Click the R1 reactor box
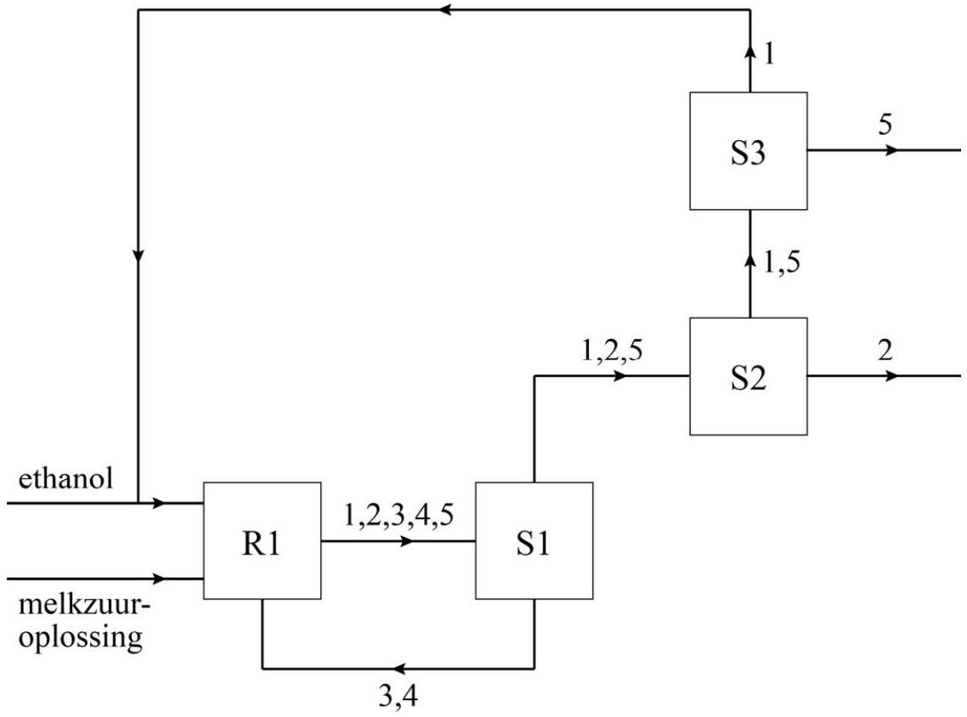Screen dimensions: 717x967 [262, 541]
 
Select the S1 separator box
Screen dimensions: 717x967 [534, 541]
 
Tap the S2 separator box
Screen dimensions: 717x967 [748, 376]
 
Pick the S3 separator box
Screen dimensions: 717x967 [748, 150]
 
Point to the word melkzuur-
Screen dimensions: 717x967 [76, 609]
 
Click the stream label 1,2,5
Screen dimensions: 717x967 [612, 351]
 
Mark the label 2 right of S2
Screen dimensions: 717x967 [885, 351]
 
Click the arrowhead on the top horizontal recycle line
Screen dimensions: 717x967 [445, 10]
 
